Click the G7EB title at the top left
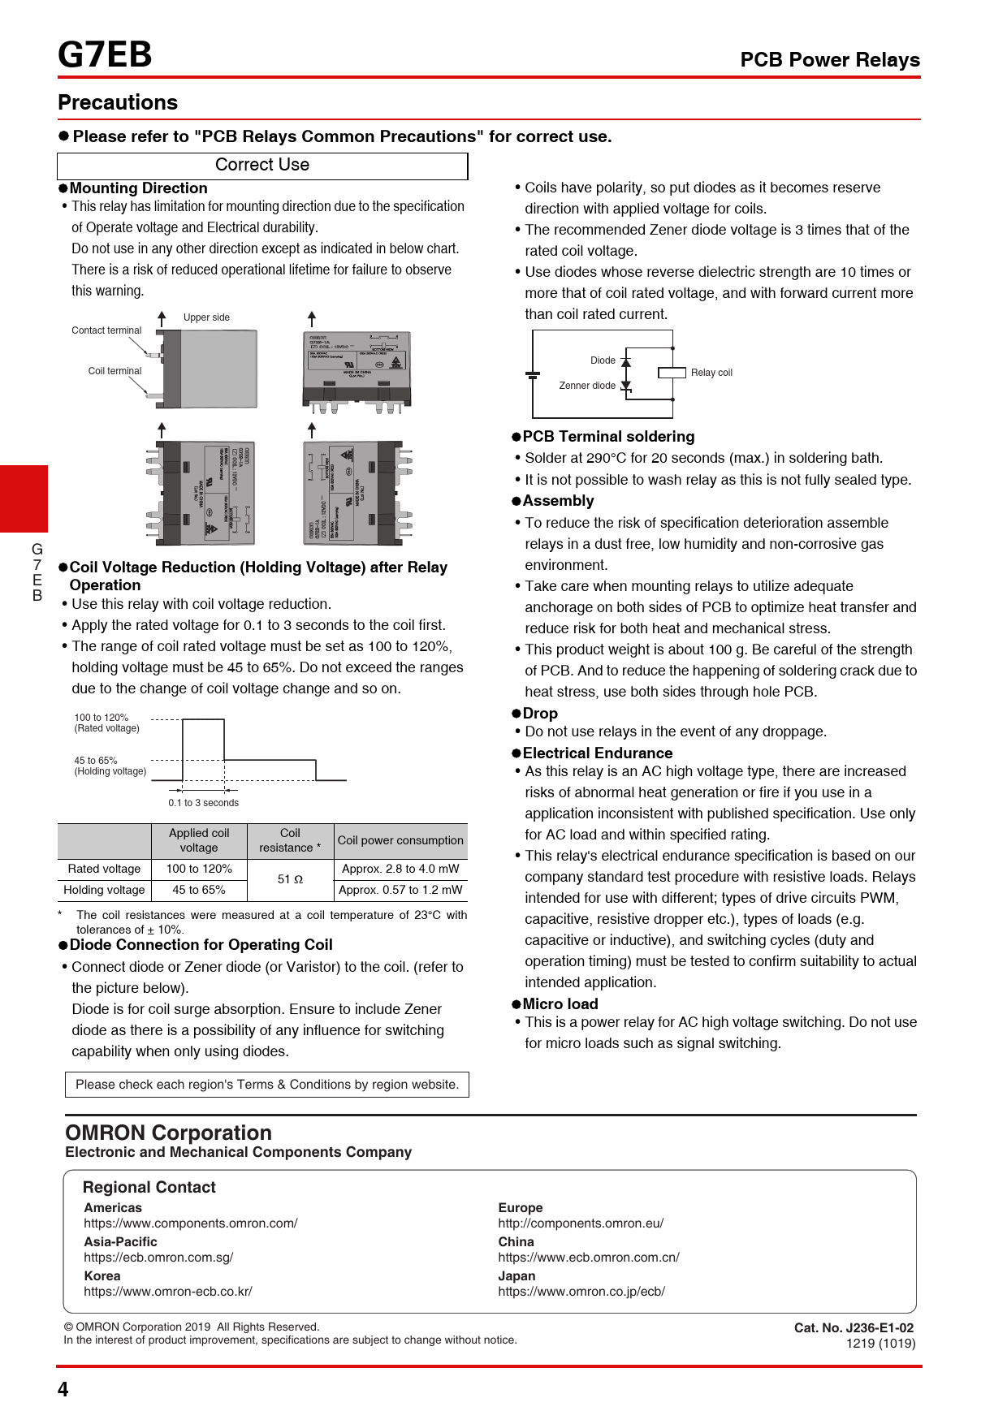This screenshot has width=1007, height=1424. (x=105, y=55)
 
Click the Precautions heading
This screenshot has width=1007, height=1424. (x=118, y=102)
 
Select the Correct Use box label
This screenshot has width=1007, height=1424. (x=262, y=165)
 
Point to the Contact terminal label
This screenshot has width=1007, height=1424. (x=106, y=330)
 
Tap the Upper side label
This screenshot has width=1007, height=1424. (x=206, y=317)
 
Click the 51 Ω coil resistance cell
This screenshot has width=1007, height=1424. (x=290, y=879)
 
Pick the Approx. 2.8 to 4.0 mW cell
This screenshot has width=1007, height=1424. (x=400, y=869)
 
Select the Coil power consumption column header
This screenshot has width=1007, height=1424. (x=400, y=840)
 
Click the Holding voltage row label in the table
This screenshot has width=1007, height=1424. (x=104, y=890)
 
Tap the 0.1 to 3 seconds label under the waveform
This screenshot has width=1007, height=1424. (x=204, y=803)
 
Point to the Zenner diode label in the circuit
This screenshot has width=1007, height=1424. (x=587, y=386)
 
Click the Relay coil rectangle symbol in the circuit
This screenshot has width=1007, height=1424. (x=672, y=373)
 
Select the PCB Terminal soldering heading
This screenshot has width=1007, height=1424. (x=608, y=437)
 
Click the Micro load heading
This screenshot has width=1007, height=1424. (x=560, y=1004)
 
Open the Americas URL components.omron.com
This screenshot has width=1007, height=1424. (x=191, y=1223)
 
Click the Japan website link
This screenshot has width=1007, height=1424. (x=581, y=1292)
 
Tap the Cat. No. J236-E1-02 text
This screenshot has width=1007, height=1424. (x=854, y=1328)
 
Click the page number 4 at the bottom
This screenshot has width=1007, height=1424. (x=63, y=1389)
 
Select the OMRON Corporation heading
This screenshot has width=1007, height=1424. (x=169, y=1133)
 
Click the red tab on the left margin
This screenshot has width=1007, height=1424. (x=24, y=498)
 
